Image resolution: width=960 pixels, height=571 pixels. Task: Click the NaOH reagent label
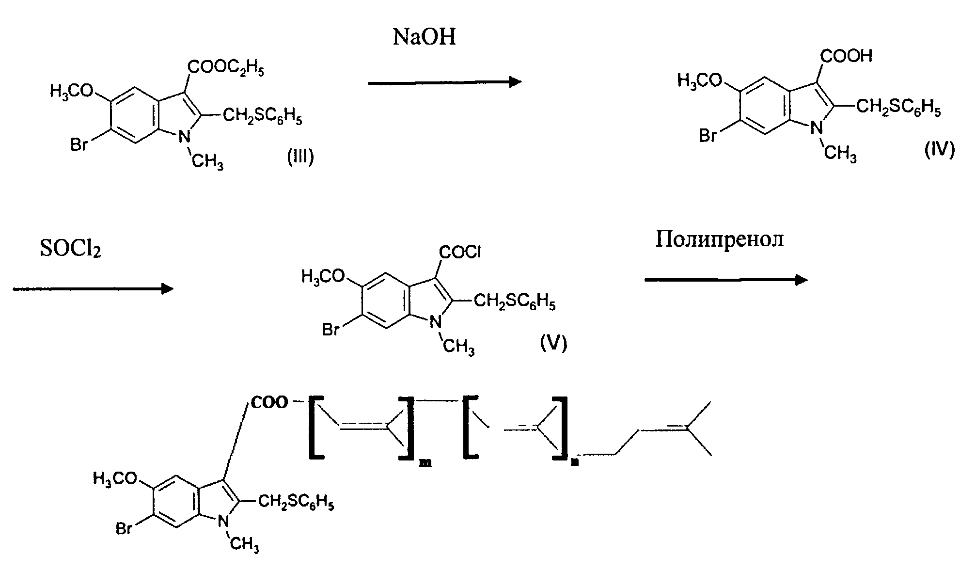point(424,37)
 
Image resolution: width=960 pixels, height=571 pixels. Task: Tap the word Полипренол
point(720,239)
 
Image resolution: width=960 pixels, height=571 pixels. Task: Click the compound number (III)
point(300,158)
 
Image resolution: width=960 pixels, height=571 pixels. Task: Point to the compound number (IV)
point(939,150)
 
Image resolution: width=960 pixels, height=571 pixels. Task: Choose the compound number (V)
point(553,343)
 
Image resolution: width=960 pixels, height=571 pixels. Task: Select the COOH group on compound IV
point(846,56)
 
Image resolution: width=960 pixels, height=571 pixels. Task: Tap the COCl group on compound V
point(459,252)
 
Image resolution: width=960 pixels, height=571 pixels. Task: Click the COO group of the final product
point(269,402)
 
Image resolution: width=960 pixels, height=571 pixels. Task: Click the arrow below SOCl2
point(93,289)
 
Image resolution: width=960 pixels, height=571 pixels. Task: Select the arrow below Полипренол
point(726,280)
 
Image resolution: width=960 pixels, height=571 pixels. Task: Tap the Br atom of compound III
point(79,144)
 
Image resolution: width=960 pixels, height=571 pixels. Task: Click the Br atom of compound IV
point(708,136)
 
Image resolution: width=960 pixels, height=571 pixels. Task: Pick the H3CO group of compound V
point(323,277)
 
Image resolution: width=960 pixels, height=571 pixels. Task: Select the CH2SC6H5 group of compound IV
point(898,108)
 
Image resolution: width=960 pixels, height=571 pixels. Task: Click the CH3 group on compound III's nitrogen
point(207,161)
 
